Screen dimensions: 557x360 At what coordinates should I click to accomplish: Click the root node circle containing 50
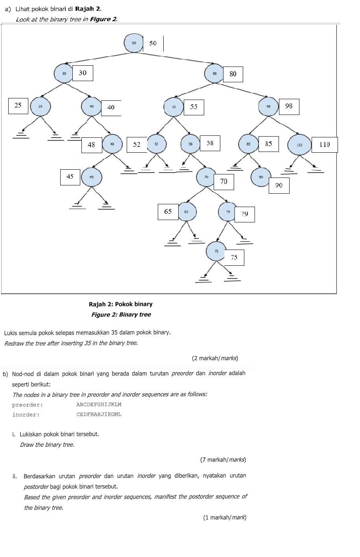click(x=134, y=43)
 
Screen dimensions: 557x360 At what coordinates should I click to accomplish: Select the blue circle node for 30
click(x=64, y=73)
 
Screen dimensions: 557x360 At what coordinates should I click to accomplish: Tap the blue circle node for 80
click(x=214, y=74)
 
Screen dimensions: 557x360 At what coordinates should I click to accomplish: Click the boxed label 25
click(x=18, y=105)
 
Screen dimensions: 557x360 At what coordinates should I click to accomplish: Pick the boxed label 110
click(x=324, y=144)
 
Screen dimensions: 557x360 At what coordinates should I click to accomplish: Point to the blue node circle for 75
click(x=216, y=251)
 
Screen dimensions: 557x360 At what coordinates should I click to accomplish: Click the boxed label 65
click(x=168, y=212)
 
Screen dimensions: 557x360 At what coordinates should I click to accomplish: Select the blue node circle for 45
click(x=91, y=177)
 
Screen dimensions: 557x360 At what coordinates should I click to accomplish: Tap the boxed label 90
click(x=279, y=185)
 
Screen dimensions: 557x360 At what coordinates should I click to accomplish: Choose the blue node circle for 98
click(x=268, y=106)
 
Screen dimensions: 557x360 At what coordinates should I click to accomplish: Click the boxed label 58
click(x=210, y=143)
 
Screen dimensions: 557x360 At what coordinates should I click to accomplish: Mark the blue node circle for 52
click(x=156, y=144)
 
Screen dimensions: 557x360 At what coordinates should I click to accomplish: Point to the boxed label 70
click(x=224, y=181)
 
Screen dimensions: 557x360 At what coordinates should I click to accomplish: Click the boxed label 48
click(x=91, y=145)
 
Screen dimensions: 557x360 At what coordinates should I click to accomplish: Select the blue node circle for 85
click(x=249, y=144)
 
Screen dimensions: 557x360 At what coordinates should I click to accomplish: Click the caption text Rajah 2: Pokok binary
click(x=120, y=304)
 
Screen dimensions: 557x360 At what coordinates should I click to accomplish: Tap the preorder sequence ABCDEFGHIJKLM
click(x=99, y=405)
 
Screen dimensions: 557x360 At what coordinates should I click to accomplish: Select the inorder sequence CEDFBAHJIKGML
click(x=99, y=415)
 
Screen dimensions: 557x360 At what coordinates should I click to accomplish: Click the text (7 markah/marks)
click(x=223, y=460)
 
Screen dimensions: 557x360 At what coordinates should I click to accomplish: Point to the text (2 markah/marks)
click(x=215, y=358)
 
